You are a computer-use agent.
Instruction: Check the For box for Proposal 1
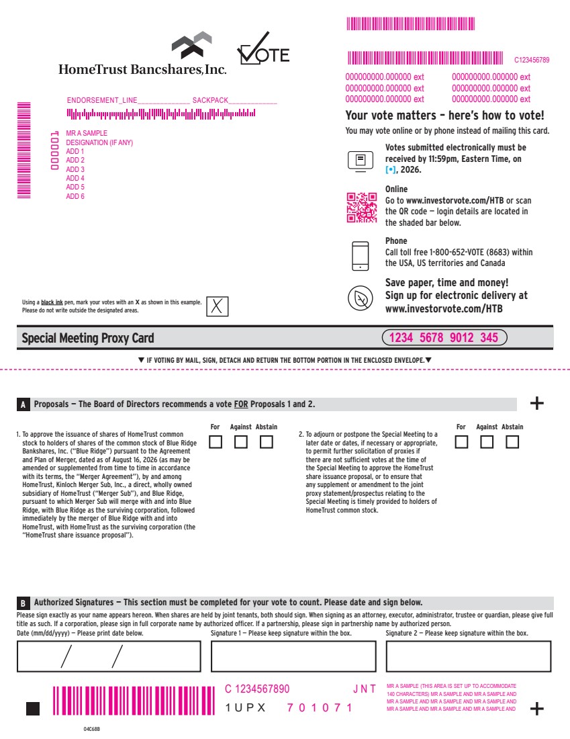pyautogui.click(x=216, y=441)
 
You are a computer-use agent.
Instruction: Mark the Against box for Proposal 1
pyautogui.click(x=241, y=441)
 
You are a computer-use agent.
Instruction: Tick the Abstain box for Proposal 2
pyautogui.click(x=512, y=441)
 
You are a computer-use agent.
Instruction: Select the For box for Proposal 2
pyautogui.click(x=462, y=441)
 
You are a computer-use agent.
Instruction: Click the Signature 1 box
pyautogui.click(x=293, y=656)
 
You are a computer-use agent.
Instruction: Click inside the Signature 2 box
pyautogui.click(x=469, y=656)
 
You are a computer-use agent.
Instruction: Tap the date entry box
pyautogui.click(x=109, y=656)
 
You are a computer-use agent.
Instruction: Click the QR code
pyautogui.click(x=362, y=208)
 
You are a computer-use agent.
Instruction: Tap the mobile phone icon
pyautogui.click(x=361, y=256)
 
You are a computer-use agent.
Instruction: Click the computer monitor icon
pyautogui.click(x=361, y=161)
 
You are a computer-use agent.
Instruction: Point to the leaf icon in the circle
pyautogui.click(x=361, y=298)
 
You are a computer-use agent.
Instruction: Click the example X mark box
pyautogui.click(x=217, y=306)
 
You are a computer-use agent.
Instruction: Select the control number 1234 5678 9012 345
pyautogui.click(x=444, y=337)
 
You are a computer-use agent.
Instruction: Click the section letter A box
pyautogui.click(x=23, y=404)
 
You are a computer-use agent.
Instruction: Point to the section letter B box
pyautogui.click(x=23, y=603)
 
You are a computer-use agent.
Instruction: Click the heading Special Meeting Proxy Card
pyautogui.click(x=88, y=338)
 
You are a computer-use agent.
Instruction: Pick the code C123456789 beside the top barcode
pyautogui.click(x=532, y=60)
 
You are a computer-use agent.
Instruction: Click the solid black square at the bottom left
pyautogui.click(x=33, y=708)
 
